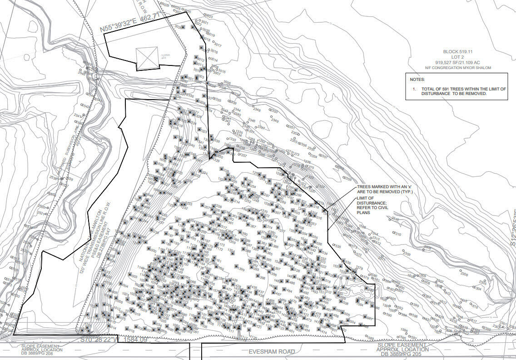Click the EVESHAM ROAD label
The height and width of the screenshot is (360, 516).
coord(271,351)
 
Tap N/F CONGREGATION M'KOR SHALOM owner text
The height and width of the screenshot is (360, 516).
coord(458,68)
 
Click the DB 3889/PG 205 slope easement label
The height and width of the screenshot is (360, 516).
coord(402,354)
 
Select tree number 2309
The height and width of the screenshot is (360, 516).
coord(407,254)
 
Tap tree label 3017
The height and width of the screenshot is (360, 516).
coord(218,45)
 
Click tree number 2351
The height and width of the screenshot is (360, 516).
coord(291,127)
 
